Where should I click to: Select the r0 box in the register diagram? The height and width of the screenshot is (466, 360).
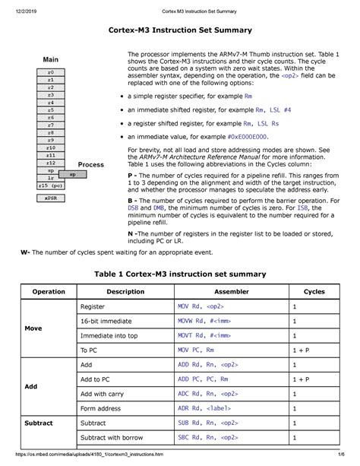click(51, 71)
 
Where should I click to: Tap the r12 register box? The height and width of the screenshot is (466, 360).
click(51, 163)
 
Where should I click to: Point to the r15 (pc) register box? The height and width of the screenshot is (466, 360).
click(51, 185)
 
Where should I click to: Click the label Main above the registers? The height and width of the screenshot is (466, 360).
click(51, 59)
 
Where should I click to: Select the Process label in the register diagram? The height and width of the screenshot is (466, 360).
click(91, 164)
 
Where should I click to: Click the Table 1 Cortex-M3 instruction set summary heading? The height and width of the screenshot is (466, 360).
click(179, 274)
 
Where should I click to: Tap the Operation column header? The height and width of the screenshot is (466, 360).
click(48, 291)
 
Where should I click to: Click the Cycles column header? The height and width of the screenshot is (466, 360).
click(314, 291)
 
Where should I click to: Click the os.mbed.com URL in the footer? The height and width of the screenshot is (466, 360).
click(91, 457)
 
